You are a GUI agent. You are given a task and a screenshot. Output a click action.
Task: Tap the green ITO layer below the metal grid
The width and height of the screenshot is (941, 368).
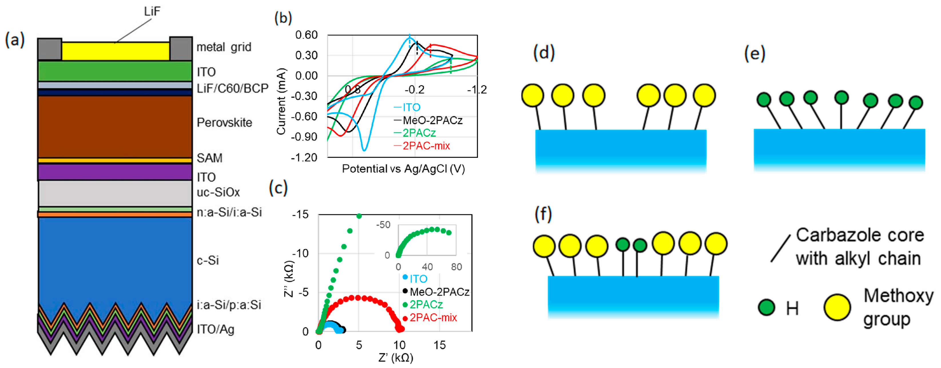coord(115,71)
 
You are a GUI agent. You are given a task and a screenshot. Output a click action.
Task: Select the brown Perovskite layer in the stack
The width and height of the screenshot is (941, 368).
coord(115,127)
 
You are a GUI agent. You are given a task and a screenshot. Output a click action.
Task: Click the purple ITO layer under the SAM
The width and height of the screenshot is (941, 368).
coord(115,172)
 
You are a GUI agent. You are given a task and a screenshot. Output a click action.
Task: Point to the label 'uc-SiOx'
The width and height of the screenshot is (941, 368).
coord(218,192)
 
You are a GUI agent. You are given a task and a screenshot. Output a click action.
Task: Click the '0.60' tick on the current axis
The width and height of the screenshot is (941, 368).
coord(306,35)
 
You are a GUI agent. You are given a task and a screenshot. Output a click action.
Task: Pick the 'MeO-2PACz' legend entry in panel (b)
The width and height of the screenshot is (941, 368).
coord(432,120)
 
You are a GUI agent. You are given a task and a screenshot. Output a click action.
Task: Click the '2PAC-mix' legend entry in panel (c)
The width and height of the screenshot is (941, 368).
coord(433,318)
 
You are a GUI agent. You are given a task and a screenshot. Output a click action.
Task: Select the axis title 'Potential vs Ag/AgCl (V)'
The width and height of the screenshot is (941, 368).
coord(403,169)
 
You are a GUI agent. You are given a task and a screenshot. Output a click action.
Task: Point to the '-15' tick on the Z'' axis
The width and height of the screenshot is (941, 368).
coord(300,215)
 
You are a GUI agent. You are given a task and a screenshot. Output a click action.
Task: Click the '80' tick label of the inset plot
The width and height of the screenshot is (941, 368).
coord(456,267)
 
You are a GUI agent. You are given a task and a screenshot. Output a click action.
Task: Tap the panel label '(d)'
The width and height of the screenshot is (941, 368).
coord(544,53)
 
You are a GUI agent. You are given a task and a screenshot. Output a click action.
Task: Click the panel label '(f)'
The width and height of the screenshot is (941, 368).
coord(543,214)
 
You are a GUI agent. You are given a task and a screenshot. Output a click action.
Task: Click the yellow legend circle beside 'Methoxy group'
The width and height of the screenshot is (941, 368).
coord(837,307)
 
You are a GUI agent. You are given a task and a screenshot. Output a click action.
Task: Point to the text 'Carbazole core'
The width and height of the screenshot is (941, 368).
coord(859,235)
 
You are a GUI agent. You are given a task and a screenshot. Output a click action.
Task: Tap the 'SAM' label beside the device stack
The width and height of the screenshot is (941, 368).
coord(209,158)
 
